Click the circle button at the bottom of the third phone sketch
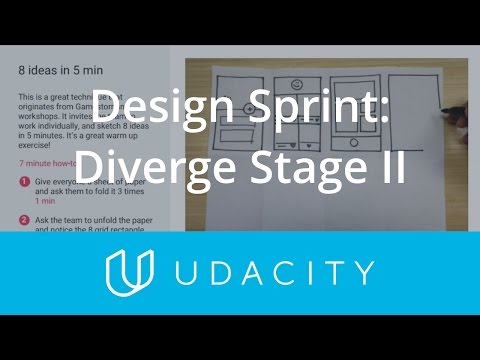coord(355,144)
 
